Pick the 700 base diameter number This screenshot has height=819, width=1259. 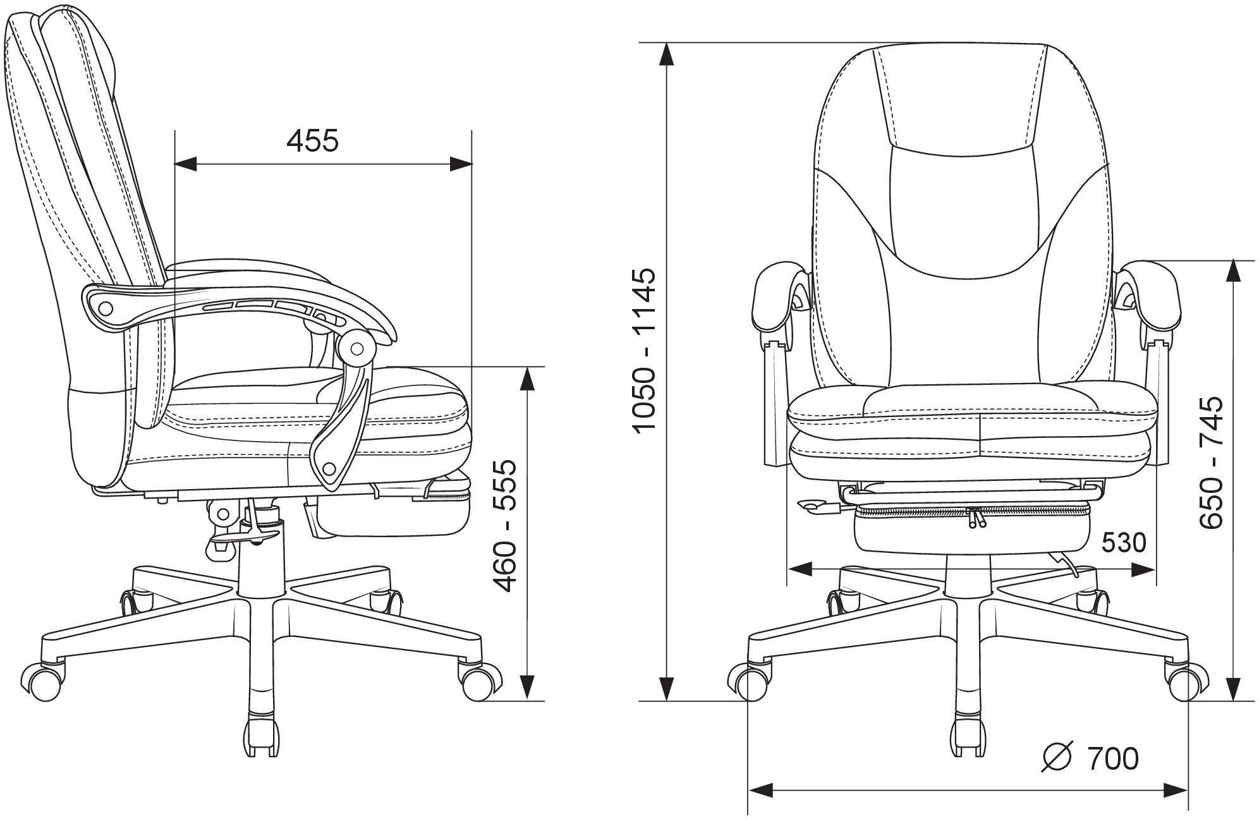click(x=1113, y=759)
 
